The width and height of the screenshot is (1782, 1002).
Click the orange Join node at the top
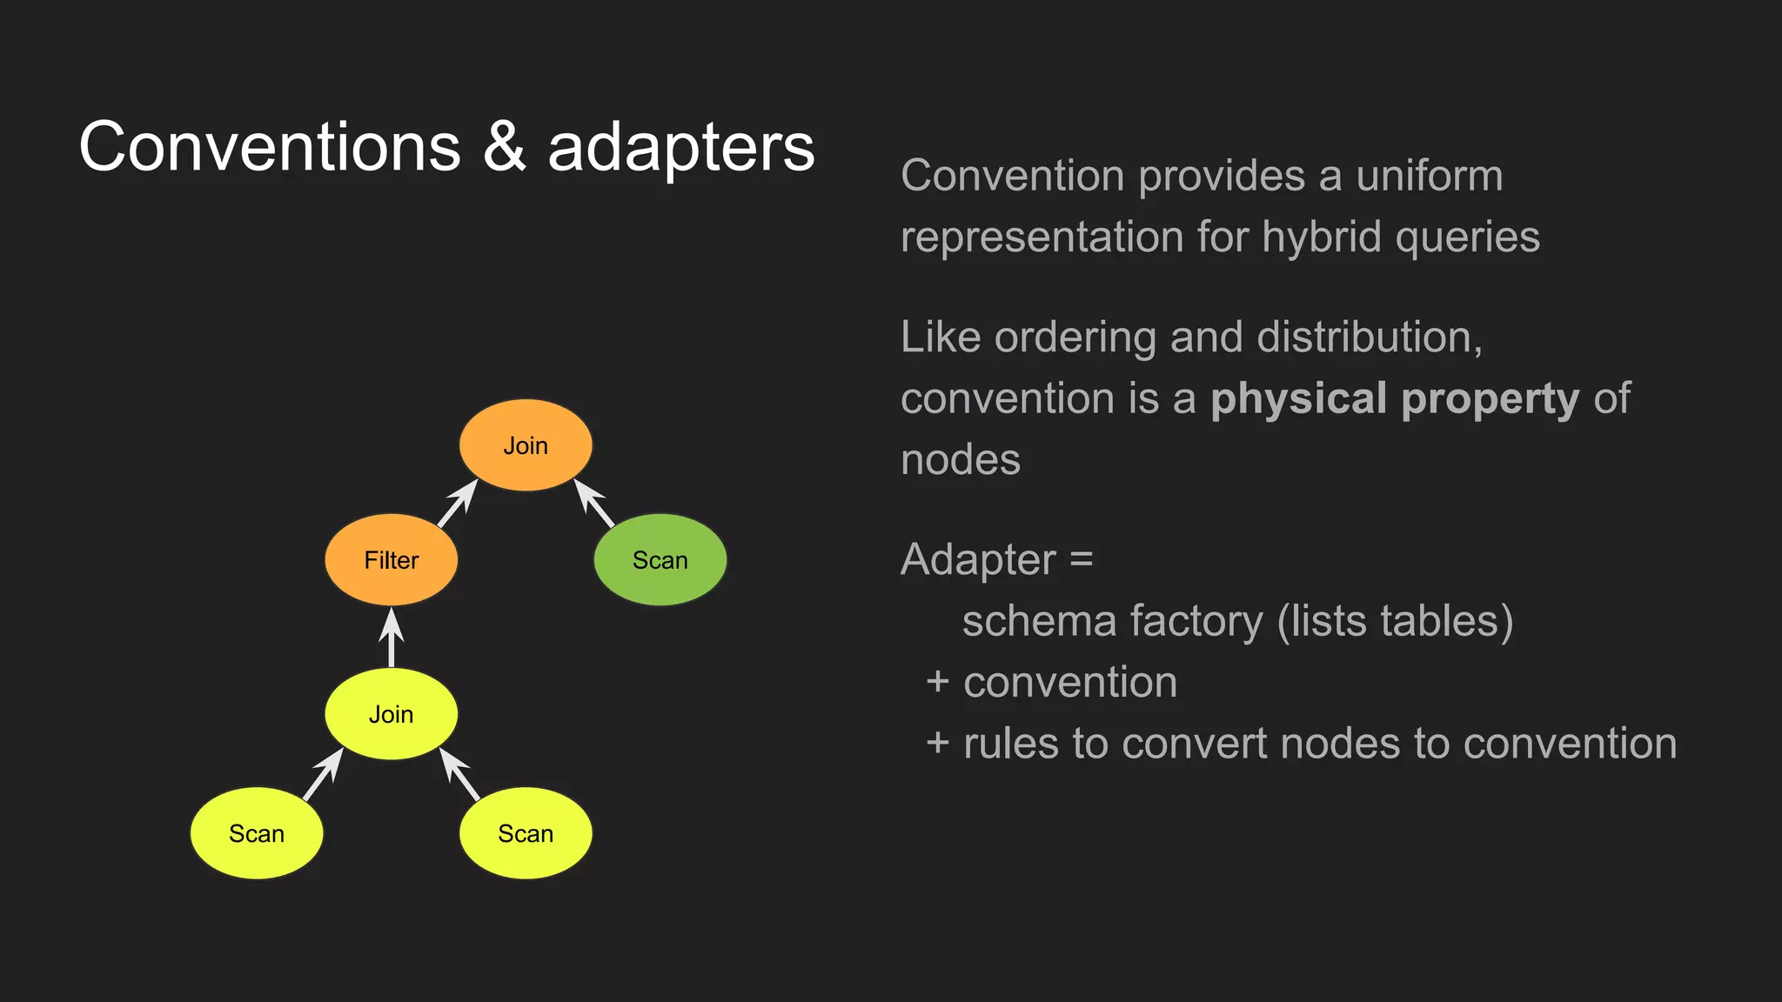click(x=526, y=445)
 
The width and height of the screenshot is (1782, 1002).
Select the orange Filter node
click(x=391, y=560)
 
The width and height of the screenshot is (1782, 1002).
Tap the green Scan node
click(x=660, y=560)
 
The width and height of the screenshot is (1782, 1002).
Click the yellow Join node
click(x=391, y=714)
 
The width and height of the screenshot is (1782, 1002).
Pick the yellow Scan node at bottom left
click(x=257, y=833)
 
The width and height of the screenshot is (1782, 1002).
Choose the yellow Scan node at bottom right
click(x=526, y=833)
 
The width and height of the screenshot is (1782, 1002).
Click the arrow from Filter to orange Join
click(x=458, y=504)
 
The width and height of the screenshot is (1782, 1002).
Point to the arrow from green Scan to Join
click(x=595, y=504)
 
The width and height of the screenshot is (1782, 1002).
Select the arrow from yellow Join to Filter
click(x=392, y=638)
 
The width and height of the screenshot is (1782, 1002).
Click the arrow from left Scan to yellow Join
click(x=323, y=774)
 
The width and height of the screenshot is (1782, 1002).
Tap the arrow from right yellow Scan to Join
click(x=460, y=774)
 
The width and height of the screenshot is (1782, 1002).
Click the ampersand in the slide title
click(x=504, y=146)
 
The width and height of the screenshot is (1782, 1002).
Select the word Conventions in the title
click(x=270, y=146)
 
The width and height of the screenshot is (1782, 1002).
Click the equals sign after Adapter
click(x=1082, y=559)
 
